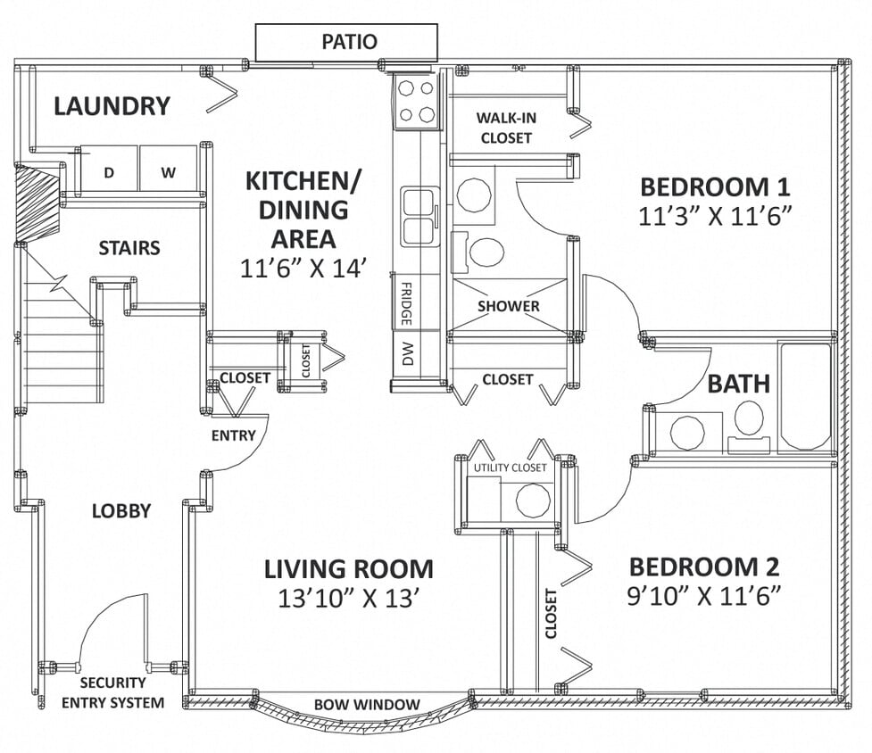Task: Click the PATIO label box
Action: coord(346,42)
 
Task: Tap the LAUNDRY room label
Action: coord(112,106)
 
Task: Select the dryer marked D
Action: coord(109,172)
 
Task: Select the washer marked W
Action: coord(168,172)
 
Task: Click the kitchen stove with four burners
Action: coord(416,101)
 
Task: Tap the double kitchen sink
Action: coord(417,217)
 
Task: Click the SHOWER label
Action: coord(508,306)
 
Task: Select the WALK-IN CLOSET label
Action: coord(506,128)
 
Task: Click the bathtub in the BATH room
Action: coord(805,396)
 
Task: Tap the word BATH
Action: coord(738,385)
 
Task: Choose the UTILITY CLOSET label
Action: coord(510,468)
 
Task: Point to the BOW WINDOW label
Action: coord(367,705)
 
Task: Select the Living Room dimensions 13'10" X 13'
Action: coord(348,598)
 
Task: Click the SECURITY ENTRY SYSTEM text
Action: coord(112,693)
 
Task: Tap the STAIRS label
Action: coord(129,247)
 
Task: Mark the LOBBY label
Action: coord(121,511)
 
